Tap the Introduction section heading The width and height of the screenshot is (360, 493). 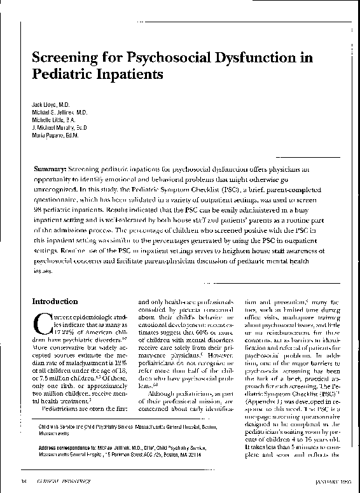click(x=57, y=301)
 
